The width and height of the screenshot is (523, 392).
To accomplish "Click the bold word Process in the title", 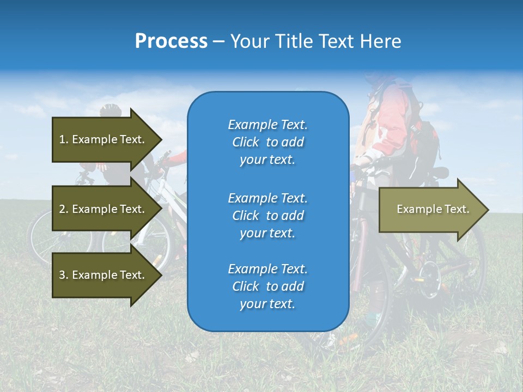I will click(171, 41).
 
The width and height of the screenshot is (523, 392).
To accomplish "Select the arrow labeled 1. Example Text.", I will click(104, 139).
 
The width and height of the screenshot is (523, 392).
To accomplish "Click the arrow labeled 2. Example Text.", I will click(104, 209).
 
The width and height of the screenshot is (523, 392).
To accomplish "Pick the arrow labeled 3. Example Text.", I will click(104, 275).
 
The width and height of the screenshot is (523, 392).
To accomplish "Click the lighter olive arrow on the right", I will click(430, 210).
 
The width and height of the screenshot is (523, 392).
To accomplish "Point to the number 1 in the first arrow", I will click(62, 139).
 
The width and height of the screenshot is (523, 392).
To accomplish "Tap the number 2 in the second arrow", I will click(62, 209).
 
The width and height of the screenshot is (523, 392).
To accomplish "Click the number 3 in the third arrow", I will click(62, 275).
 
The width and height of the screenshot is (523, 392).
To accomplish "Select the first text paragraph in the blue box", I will click(267, 142).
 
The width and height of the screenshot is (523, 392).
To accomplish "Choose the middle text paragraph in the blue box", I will click(267, 216).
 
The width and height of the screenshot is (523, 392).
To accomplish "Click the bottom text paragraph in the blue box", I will click(267, 286).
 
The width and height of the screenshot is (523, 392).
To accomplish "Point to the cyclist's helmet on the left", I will click(110, 110).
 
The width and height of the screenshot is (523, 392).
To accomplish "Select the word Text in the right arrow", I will click(457, 209).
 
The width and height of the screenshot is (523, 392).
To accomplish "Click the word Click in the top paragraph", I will click(246, 142).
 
